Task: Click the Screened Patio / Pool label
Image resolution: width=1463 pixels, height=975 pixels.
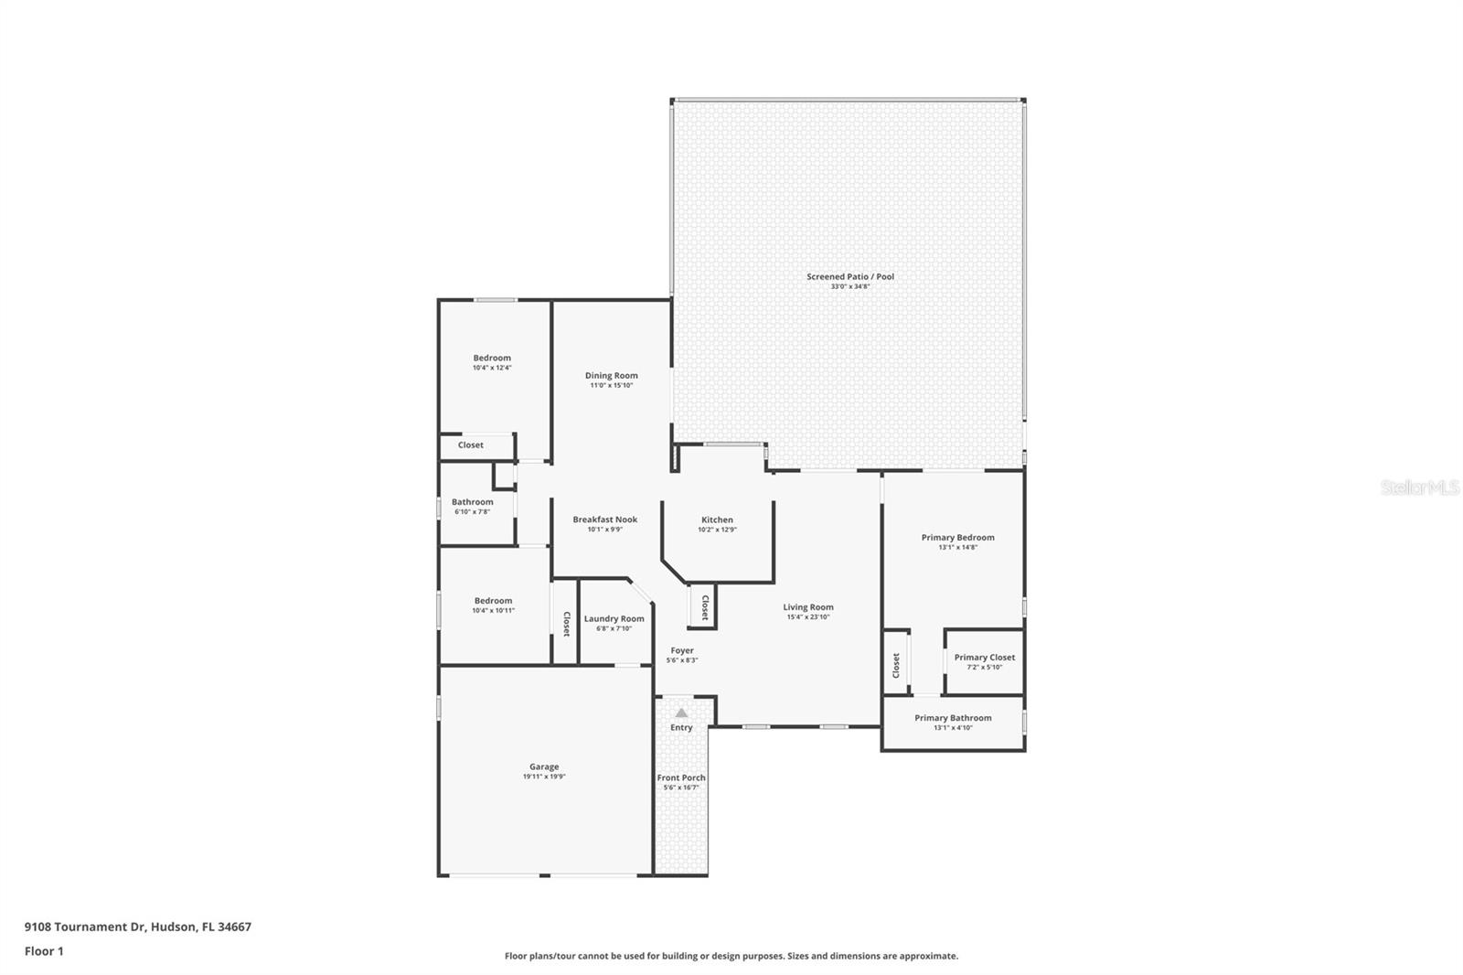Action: pyautogui.click(x=849, y=276)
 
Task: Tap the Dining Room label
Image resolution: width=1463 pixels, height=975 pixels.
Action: pyautogui.click(x=611, y=375)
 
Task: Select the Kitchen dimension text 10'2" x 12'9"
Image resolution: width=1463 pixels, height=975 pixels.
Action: pyautogui.click(x=717, y=530)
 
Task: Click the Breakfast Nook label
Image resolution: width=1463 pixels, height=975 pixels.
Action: pyautogui.click(x=604, y=519)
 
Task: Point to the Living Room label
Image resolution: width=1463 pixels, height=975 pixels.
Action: pyautogui.click(x=807, y=606)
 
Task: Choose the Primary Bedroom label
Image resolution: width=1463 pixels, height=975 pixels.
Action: pyautogui.click(x=957, y=537)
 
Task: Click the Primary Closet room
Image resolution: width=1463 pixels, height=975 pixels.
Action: pyautogui.click(x=984, y=660)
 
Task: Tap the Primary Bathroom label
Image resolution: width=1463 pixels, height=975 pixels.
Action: pyautogui.click(x=953, y=718)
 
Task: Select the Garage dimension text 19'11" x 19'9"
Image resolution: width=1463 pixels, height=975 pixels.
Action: pyautogui.click(x=544, y=777)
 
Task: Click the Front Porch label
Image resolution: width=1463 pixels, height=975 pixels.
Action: pyautogui.click(x=681, y=777)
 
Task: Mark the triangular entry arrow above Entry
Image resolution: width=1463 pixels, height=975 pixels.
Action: pyautogui.click(x=681, y=712)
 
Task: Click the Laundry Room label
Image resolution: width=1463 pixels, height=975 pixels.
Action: pyautogui.click(x=614, y=618)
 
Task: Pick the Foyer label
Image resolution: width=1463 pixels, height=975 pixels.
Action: pyautogui.click(x=681, y=650)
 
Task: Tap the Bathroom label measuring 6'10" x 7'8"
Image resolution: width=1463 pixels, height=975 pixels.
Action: pyautogui.click(x=472, y=501)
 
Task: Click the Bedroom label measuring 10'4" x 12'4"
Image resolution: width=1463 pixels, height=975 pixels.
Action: pyautogui.click(x=492, y=358)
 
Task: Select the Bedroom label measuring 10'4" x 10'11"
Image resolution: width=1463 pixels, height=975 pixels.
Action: pyautogui.click(x=493, y=601)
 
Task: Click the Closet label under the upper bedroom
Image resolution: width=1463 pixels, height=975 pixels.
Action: pyautogui.click(x=471, y=445)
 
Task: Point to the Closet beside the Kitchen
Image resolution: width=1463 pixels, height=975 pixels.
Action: pyautogui.click(x=704, y=607)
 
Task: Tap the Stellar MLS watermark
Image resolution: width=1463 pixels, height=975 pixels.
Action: pyautogui.click(x=1419, y=488)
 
